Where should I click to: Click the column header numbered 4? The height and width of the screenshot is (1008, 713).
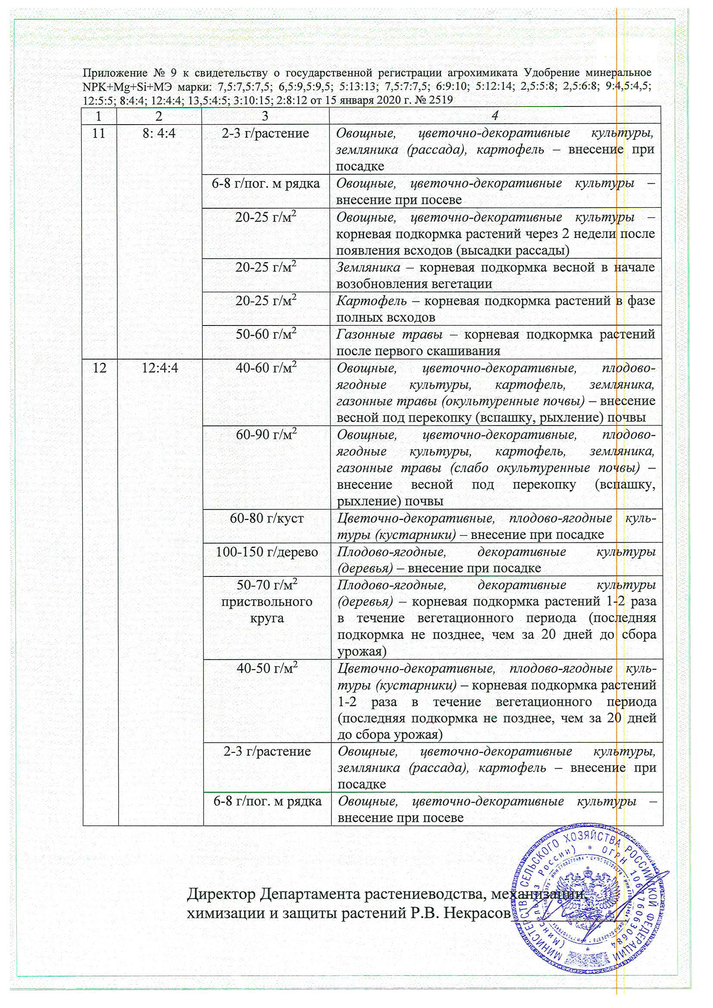[495, 116]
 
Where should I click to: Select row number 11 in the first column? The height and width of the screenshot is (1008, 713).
[99, 133]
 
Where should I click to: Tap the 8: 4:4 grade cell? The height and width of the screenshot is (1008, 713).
[159, 133]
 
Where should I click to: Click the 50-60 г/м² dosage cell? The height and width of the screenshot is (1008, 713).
[266, 334]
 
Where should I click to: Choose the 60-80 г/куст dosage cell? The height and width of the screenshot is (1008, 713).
[267, 519]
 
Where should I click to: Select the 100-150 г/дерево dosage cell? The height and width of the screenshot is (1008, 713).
[267, 552]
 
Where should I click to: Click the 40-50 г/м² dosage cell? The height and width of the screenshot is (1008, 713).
[267, 669]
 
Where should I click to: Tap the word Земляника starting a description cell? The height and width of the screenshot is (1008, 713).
[368, 267]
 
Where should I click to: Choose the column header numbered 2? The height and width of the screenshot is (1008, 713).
[159, 116]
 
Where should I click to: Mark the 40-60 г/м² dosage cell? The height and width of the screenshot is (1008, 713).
[266, 368]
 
